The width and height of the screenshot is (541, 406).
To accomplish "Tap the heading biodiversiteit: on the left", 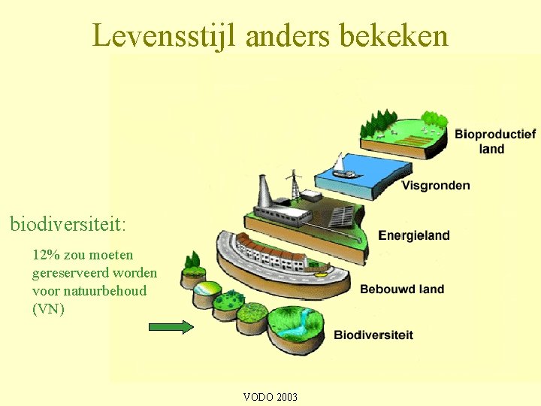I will (68, 223).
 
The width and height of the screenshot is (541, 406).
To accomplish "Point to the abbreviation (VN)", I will (49, 308).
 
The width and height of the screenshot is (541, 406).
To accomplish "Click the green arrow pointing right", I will (171, 327).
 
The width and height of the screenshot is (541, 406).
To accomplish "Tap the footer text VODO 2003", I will (270, 397).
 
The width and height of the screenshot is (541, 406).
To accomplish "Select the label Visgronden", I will (436, 186).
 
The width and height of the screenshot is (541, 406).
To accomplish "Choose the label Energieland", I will (414, 235).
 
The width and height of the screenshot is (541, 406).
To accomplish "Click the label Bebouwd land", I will (402, 289).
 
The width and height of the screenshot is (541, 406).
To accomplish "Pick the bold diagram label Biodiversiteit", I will (373, 335).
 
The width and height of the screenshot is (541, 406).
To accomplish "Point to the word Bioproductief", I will (495, 134).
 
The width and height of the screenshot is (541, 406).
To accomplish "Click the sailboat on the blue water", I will (343, 167).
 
